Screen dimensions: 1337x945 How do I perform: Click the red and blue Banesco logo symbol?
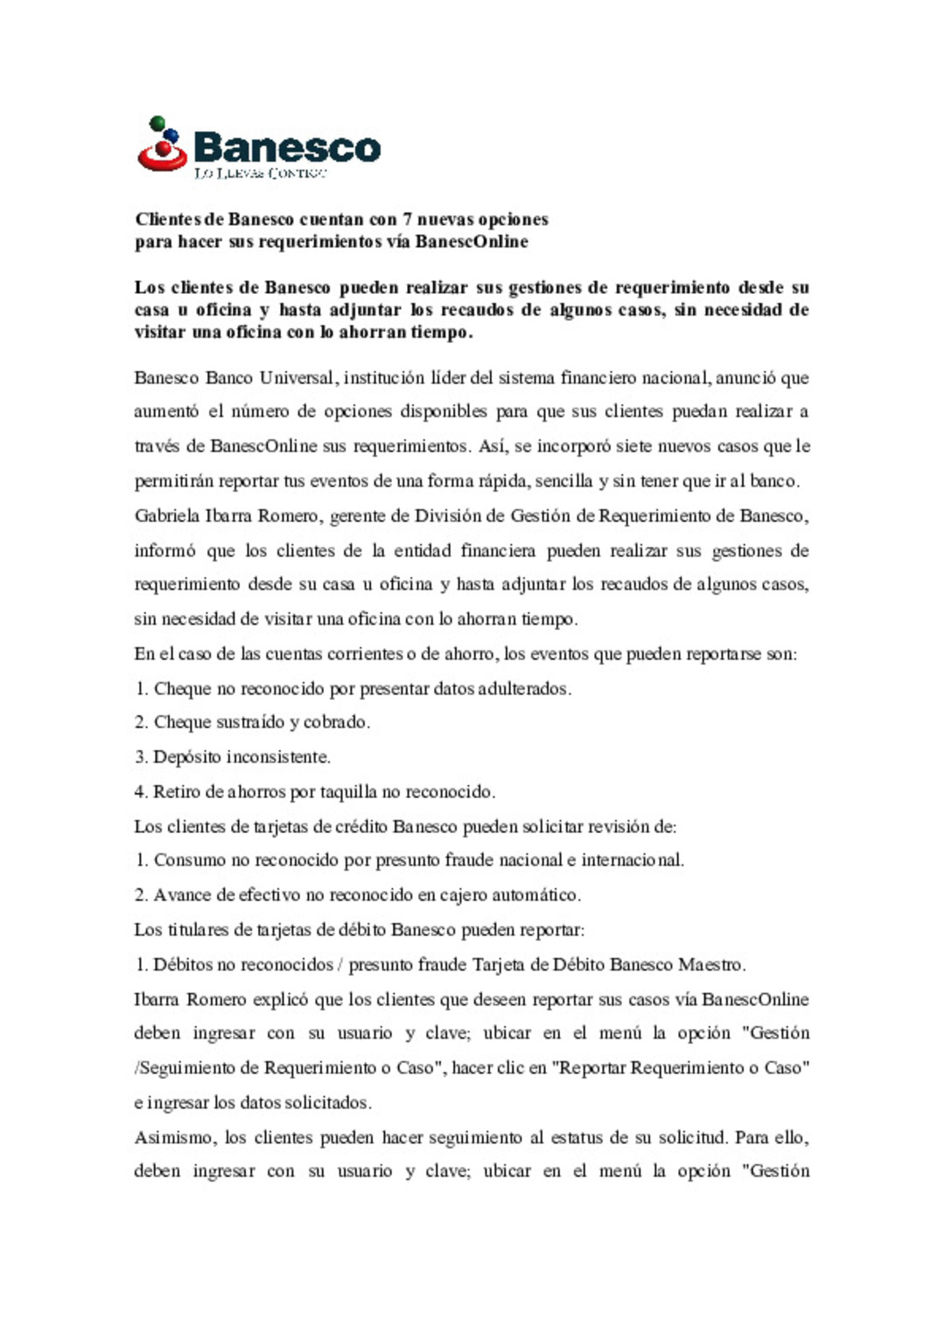coord(163,144)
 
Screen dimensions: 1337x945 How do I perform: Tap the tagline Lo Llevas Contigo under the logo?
coord(260,173)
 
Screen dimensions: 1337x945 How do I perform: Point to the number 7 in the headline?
coord(407,220)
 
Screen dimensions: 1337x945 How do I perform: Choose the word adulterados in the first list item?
coord(524,689)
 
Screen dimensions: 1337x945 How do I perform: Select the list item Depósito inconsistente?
coord(241,757)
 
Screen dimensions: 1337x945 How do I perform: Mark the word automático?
coord(536,895)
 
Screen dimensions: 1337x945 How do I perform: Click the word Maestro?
coord(711,965)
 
